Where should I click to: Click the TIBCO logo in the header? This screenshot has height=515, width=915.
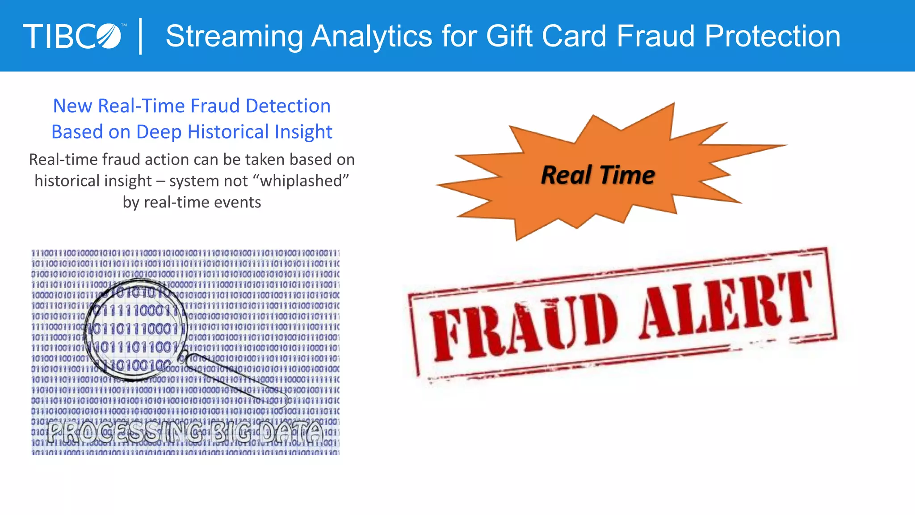72,36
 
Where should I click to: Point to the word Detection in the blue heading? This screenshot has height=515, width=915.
288,106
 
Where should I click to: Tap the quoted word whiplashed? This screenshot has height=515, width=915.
301,181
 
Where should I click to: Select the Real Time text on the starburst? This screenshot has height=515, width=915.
598,175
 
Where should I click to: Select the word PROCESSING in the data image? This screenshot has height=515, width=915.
125,432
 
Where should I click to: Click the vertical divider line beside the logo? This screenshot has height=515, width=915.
141,36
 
